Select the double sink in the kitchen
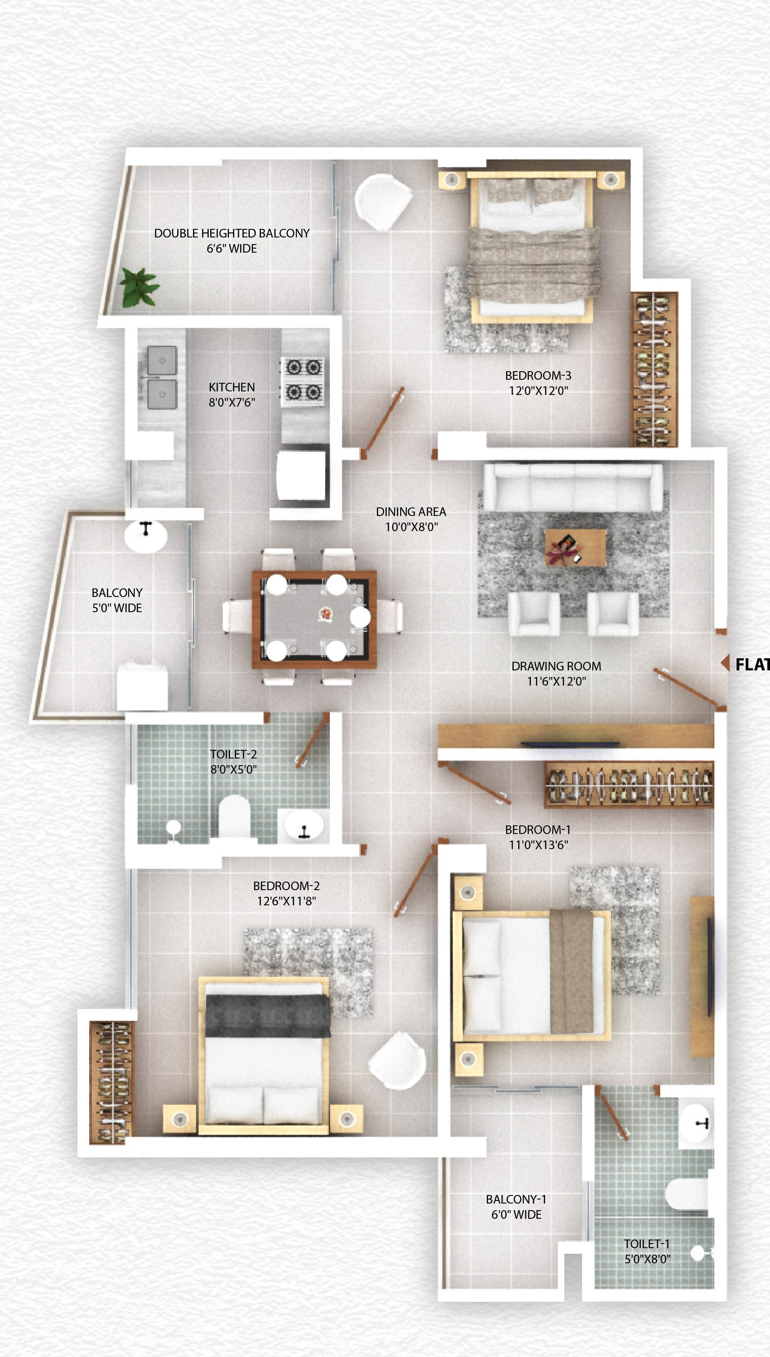tap(162, 377)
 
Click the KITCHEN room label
tap(232, 387)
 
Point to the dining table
tap(315, 618)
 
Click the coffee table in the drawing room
tap(575, 547)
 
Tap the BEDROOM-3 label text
tap(538, 376)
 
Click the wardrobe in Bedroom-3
tap(654, 369)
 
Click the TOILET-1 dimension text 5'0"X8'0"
tap(647, 1259)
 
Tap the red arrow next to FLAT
tap(725, 663)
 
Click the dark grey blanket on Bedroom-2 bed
tap(267, 1015)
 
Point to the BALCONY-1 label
tap(516, 1200)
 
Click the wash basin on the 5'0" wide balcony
tap(146, 535)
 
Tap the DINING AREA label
tap(411, 511)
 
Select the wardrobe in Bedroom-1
tap(629, 785)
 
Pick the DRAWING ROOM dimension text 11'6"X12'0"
tap(556, 681)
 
